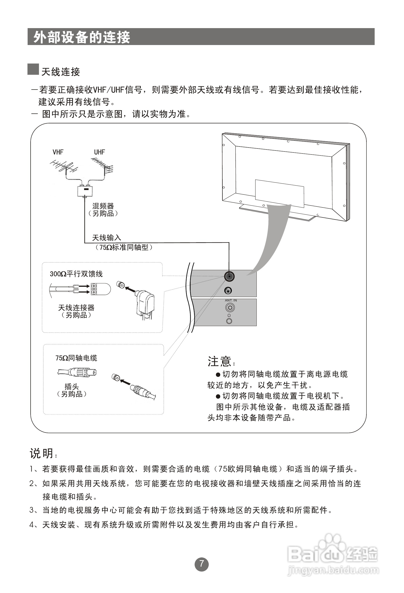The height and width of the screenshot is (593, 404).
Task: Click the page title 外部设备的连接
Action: [82, 37]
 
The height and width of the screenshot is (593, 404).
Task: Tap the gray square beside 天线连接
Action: [33, 69]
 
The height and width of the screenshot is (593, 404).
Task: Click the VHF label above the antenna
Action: [58, 152]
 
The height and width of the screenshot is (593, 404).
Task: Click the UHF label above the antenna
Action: [99, 152]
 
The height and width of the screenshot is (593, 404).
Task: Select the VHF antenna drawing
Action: [64, 167]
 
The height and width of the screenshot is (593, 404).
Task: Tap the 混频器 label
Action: [103, 206]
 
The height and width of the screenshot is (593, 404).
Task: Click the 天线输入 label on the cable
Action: [107, 238]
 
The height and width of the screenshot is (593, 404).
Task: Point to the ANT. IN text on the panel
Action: [231, 300]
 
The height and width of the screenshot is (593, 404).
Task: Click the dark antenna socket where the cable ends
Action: [229, 277]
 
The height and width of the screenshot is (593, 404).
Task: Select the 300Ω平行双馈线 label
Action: [76, 274]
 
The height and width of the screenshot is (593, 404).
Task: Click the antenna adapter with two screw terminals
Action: [100, 289]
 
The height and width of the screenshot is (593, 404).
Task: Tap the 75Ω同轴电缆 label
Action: [76, 358]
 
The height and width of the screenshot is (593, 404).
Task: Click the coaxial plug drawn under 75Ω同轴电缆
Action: [77, 373]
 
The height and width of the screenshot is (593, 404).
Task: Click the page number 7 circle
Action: [202, 564]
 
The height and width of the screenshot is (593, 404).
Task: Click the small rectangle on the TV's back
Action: [279, 194]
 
